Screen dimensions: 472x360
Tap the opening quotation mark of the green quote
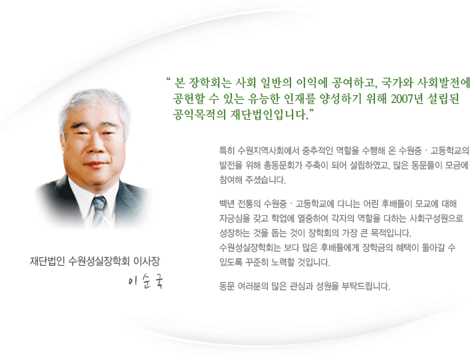168,80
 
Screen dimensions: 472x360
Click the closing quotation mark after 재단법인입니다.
311,112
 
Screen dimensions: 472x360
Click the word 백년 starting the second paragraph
227,204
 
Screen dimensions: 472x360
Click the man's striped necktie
99,211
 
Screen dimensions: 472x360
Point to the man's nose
96,146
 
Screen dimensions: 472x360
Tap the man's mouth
96,165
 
